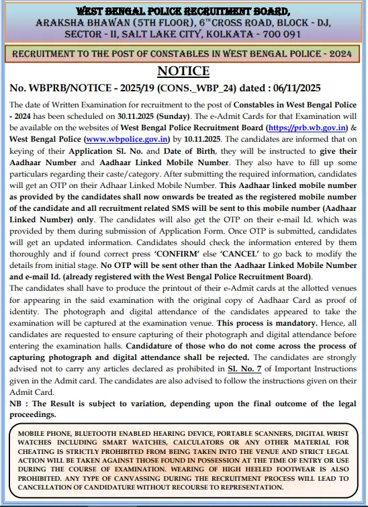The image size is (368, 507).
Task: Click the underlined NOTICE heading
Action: click(183, 71)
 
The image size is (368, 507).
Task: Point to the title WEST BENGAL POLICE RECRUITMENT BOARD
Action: click(183, 11)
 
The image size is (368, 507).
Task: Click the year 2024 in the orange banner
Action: click(339, 52)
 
